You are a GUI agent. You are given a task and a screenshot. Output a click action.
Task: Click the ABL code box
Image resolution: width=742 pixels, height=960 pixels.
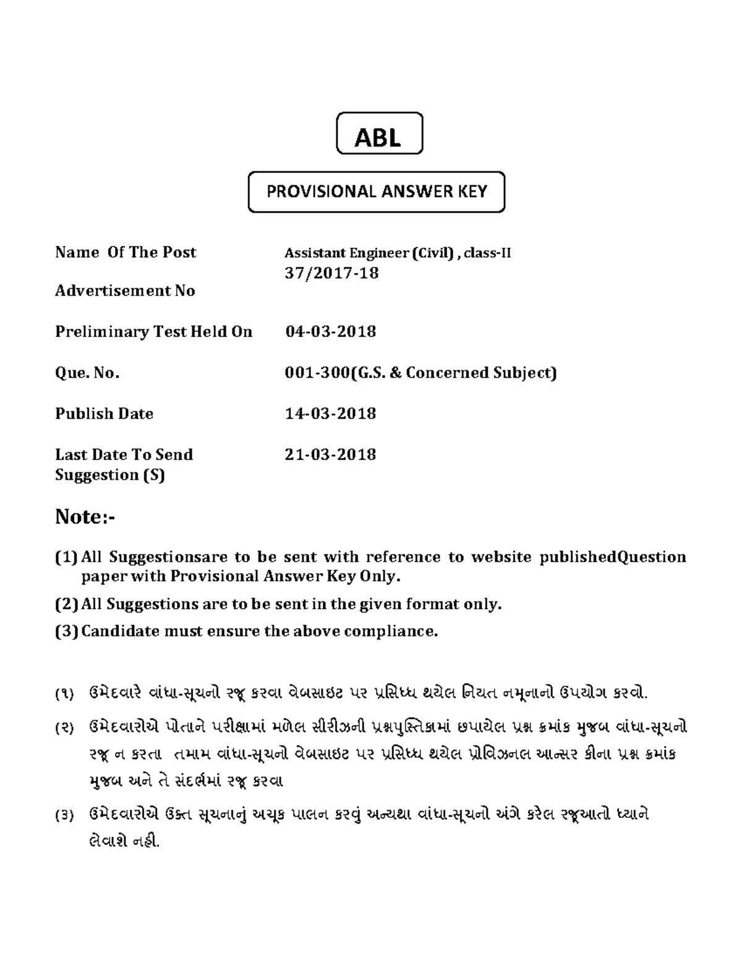379,134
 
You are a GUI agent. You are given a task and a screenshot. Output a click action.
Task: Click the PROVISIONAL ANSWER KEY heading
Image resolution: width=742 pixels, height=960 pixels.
377,192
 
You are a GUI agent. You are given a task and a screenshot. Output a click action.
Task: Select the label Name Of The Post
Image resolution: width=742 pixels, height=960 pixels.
126,252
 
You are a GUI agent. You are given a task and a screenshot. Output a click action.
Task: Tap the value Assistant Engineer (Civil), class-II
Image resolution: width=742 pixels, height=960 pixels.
398,253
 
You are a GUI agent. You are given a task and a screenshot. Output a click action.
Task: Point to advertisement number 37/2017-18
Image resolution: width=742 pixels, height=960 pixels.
331,273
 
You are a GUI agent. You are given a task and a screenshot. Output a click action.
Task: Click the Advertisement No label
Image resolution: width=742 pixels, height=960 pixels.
125,291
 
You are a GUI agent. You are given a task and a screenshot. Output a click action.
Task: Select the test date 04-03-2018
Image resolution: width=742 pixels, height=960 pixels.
330,332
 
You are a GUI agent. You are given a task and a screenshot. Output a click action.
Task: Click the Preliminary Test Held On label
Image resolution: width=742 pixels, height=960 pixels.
153,332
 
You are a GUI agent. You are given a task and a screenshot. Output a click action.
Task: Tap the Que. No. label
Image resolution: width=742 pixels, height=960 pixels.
87,373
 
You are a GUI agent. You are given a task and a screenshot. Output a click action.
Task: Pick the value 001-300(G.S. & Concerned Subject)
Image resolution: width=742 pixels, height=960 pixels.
420,373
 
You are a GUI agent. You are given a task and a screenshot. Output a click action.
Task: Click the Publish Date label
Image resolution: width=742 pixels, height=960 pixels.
104,414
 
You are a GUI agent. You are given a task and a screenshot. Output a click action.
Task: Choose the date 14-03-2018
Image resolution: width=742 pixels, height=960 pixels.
330,414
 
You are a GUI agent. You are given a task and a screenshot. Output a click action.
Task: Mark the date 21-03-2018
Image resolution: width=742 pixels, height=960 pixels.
330,454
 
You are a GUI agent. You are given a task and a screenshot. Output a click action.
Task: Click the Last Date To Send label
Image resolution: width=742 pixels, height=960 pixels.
124,454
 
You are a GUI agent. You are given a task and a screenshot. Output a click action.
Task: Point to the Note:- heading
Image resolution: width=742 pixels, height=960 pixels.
85,516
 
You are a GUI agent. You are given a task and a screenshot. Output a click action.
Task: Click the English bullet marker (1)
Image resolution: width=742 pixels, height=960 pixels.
66,558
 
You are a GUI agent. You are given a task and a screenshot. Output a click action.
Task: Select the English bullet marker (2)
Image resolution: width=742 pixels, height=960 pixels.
66,604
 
